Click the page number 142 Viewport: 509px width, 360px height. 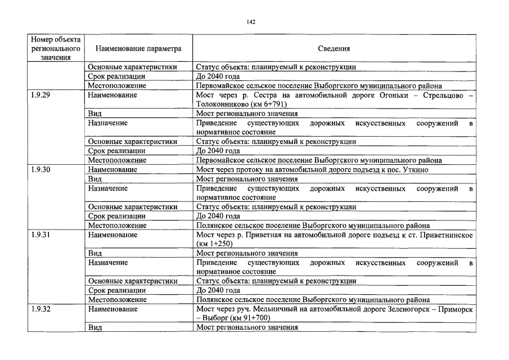click(x=251, y=22)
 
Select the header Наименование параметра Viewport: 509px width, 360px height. click(x=139, y=49)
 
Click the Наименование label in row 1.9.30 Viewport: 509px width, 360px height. click(x=112, y=169)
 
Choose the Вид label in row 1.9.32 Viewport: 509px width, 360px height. click(x=94, y=327)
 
